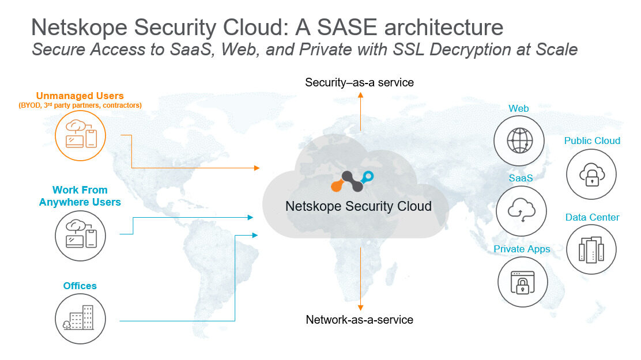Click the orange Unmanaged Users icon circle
pyautogui.click(x=80, y=136)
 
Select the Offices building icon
pyautogui.click(x=81, y=319)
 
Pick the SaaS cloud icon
pyautogui.click(x=521, y=210)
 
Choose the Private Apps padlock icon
pyautogui.click(x=523, y=282)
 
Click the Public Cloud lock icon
pyautogui.click(x=591, y=174)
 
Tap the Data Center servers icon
pyautogui.click(x=591, y=249)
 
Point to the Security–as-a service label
pyautogui.click(x=359, y=82)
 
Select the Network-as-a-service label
pyautogui.click(x=359, y=320)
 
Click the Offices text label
pyautogui.click(x=80, y=286)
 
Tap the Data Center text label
pyautogui.click(x=592, y=217)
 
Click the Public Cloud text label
pyautogui.click(x=592, y=141)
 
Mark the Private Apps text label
pyautogui.click(x=522, y=249)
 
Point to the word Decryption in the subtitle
pyautogui.click(x=463, y=50)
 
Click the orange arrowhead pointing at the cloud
pyautogui.click(x=257, y=168)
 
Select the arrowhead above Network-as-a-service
pyautogui.click(x=360, y=308)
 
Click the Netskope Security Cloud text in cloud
pyautogui.click(x=358, y=206)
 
